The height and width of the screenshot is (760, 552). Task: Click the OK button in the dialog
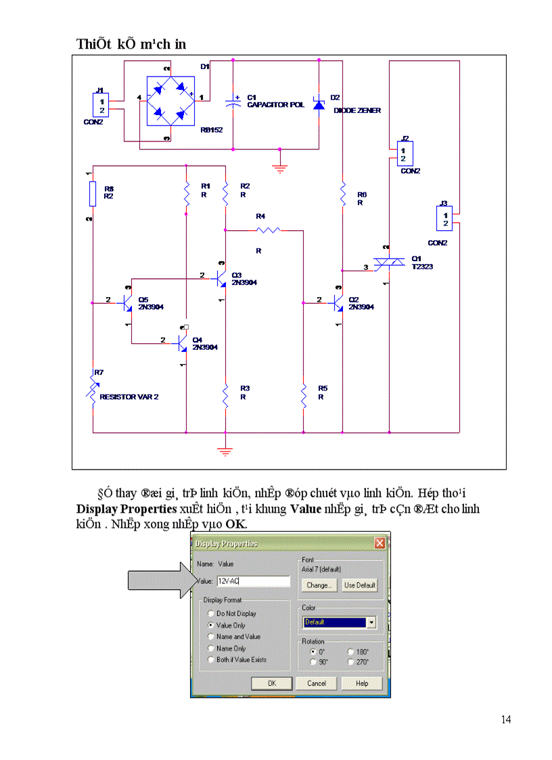pos(271,684)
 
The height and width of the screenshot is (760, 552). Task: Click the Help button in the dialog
pos(362,684)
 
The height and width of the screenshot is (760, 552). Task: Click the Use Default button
pos(359,585)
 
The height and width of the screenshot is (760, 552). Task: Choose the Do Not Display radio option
pos(211,613)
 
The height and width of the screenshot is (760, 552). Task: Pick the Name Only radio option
pos(211,648)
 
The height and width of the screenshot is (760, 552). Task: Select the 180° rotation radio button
pos(350,652)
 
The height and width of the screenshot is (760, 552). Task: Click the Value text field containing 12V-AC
pos(253,581)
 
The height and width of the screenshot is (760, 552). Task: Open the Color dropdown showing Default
pos(339,622)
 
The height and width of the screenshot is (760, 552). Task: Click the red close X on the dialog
pos(380,543)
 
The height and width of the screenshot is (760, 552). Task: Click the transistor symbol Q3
pos(220,277)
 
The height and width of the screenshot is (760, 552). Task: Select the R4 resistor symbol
pos(268,231)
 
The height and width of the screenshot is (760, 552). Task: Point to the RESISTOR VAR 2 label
pos(129,397)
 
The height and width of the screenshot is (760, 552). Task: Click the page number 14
pos(506,719)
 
